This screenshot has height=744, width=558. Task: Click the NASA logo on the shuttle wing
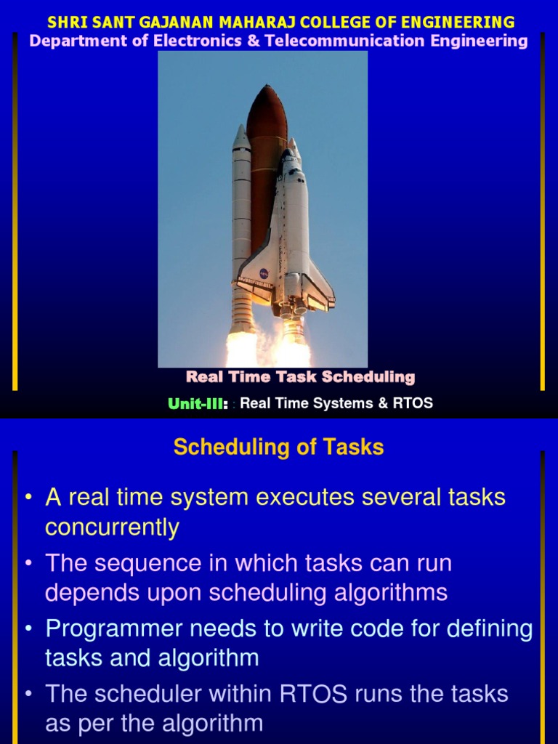tap(263, 274)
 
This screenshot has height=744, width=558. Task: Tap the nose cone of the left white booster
tap(241, 135)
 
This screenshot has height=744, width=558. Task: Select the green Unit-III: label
tap(198, 404)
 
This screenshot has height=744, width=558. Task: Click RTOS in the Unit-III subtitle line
tap(413, 403)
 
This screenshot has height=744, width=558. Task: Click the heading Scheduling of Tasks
tap(278, 448)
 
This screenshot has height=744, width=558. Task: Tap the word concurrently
tap(112, 527)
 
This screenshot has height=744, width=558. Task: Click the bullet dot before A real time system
tap(28, 498)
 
